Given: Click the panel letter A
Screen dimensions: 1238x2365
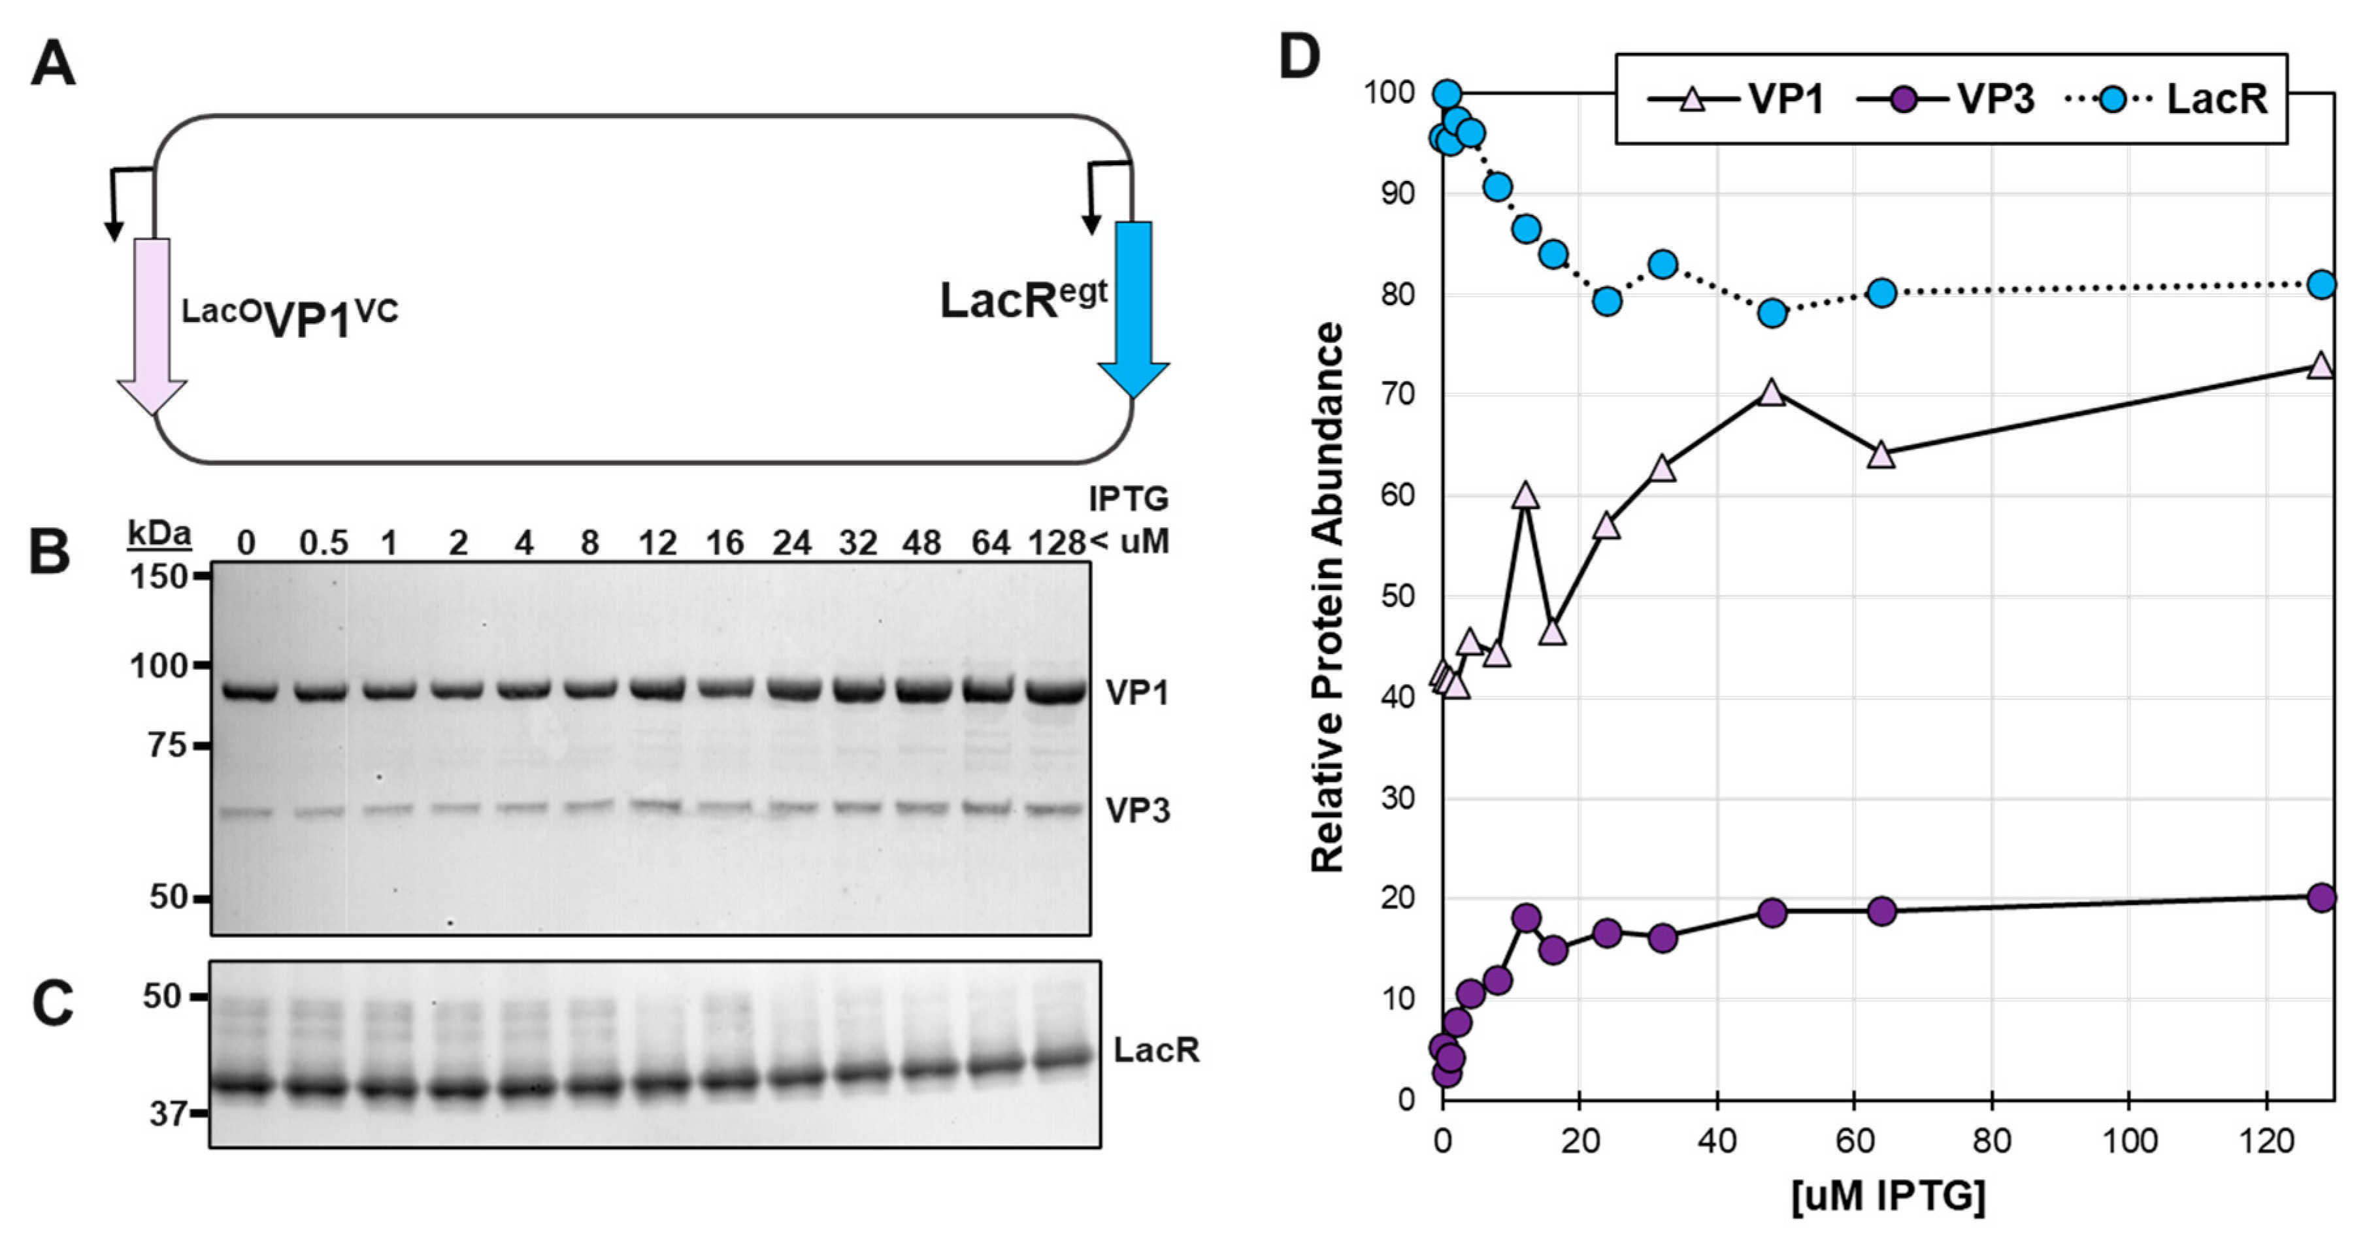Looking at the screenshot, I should [52, 66].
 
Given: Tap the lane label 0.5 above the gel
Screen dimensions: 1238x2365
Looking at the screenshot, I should [323, 544].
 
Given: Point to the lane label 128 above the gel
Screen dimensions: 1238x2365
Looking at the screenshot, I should [1056, 544].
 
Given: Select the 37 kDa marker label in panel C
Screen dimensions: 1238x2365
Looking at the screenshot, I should [168, 1114].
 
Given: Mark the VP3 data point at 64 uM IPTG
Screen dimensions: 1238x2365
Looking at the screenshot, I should [1882, 911].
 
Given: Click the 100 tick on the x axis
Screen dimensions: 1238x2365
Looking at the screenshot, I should [2129, 1141].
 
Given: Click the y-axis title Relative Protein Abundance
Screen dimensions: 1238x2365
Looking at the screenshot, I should [1327, 596].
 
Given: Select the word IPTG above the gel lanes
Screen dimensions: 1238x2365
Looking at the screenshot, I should [1129, 499].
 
